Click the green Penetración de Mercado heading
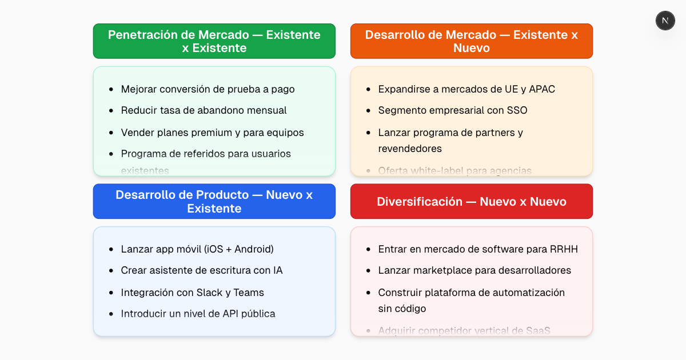tap(214, 41)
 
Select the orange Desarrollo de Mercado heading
tap(471, 41)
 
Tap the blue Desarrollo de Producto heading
tap(214, 201)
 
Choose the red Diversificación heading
tap(471, 201)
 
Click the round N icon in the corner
tap(665, 21)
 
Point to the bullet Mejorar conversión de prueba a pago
tap(208, 89)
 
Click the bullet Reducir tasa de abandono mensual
tap(204, 110)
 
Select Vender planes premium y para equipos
tap(212, 133)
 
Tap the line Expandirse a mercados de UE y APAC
tap(466, 89)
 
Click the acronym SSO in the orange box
tap(517, 110)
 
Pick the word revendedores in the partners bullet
tap(410, 149)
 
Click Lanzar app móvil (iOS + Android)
tap(197, 249)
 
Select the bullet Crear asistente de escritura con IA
tap(201, 270)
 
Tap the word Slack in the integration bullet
tap(209, 293)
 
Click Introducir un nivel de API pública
tap(198, 314)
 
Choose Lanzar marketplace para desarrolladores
tap(474, 270)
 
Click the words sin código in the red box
tap(402, 309)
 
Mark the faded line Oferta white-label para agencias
tap(454, 170)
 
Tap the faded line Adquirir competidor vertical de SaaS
tap(464, 330)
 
